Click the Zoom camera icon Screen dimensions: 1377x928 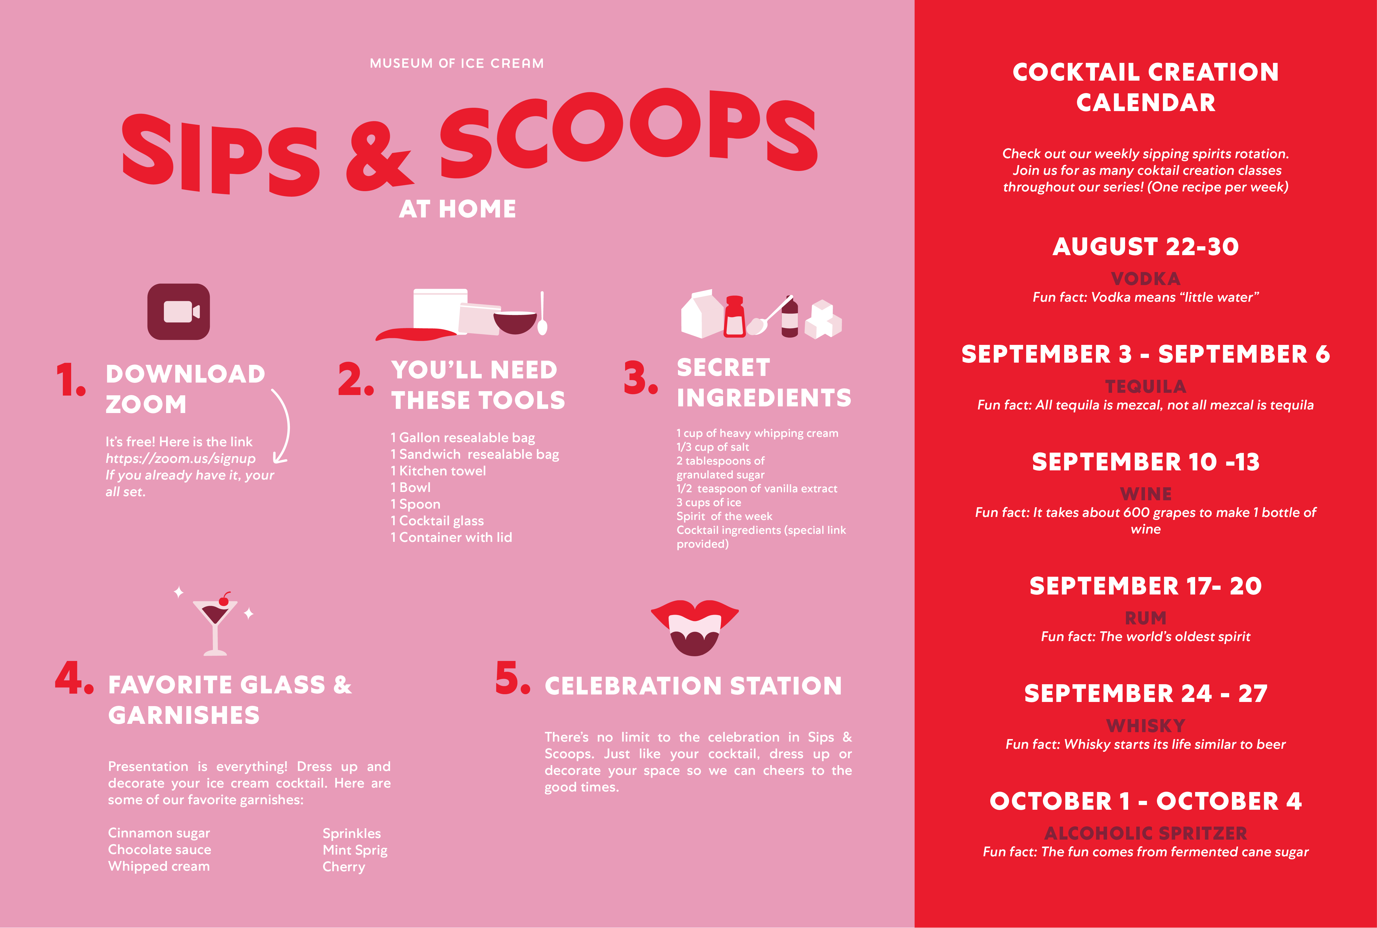179,312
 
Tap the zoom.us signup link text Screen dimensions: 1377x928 180,459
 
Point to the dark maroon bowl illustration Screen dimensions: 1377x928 515,322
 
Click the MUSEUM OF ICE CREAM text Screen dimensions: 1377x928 457,63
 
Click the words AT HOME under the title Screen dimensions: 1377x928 457,209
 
